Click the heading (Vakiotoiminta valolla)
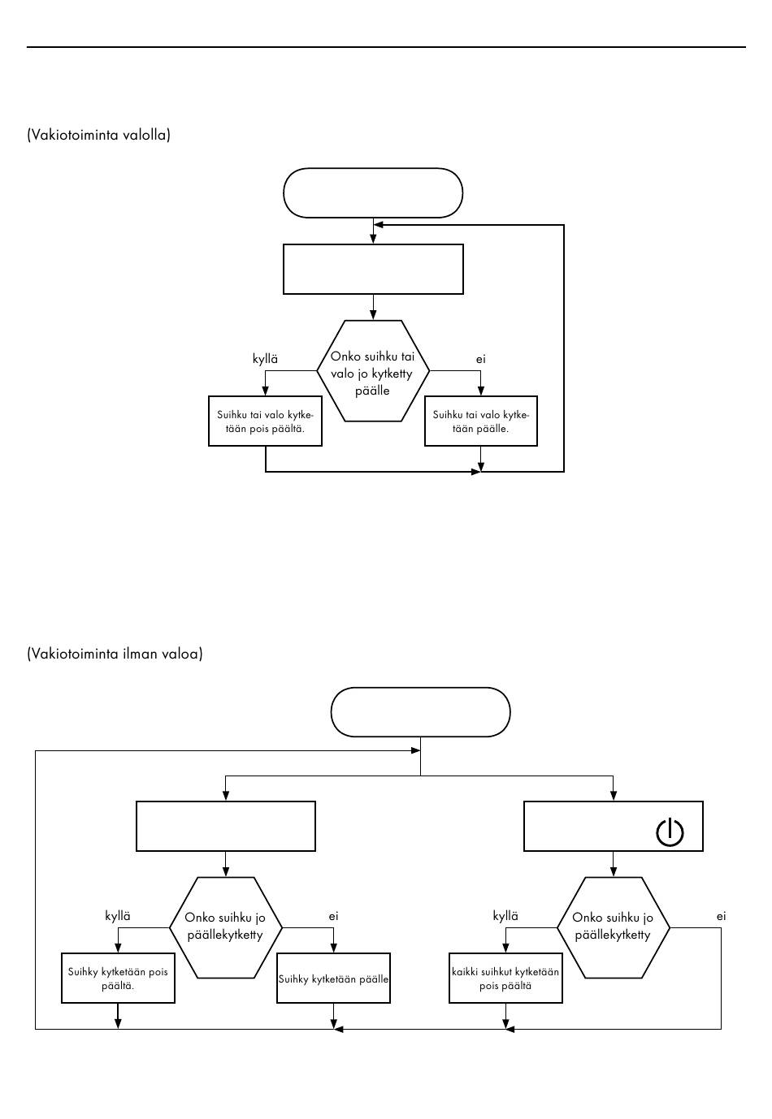click(98, 135)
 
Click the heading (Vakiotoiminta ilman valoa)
click(115, 654)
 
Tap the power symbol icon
click(670, 833)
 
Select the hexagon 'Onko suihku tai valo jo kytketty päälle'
click(373, 370)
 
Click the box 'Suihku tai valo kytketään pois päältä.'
click(265, 421)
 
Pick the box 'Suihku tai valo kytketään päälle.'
click(481, 421)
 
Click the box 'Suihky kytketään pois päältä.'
click(118, 979)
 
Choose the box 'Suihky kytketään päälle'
click(333, 979)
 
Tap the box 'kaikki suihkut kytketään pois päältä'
click(505, 979)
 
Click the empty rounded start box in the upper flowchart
click(373, 192)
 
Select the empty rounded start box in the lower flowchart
click(420, 712)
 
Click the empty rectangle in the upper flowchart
click(373, 270)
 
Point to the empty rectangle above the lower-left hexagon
click(225, 827)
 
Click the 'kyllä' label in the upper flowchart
click(265, 359)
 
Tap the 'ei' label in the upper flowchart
click(481, 359)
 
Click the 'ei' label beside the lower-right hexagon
click(721, 916)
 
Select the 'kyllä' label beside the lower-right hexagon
click(505, 916)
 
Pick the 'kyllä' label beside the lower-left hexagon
click(118, 916)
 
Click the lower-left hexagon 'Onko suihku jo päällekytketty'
click(225, 927)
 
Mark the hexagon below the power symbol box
click(613, 927)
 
